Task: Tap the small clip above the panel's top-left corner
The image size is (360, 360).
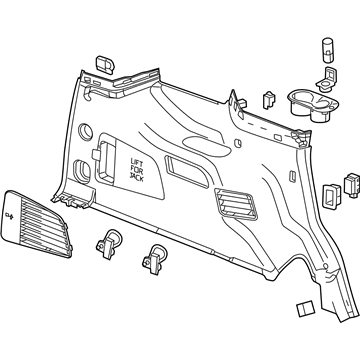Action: (105, 62)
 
